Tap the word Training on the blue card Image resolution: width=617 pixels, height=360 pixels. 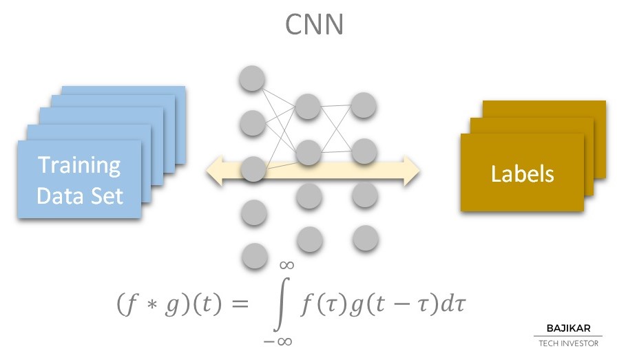pyautogui.click(x=79, y=165)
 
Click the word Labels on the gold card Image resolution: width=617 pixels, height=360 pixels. pyautogui.click(x=522, y=173)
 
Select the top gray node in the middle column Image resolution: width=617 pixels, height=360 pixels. pyautogui.click(x=308, y=106)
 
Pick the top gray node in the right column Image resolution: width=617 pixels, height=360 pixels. pyautogui.click(x=364, y=105)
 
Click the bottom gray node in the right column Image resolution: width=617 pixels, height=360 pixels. pyautogui.click(x=364, y=237)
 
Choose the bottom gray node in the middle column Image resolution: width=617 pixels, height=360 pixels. pyautogui.click(x=308, y=240)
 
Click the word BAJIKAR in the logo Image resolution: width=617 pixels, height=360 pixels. pyautogui.click(x=568, y=328)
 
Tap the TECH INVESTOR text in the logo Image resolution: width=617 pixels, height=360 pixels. pyautogui.click(x=568, y=343)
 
